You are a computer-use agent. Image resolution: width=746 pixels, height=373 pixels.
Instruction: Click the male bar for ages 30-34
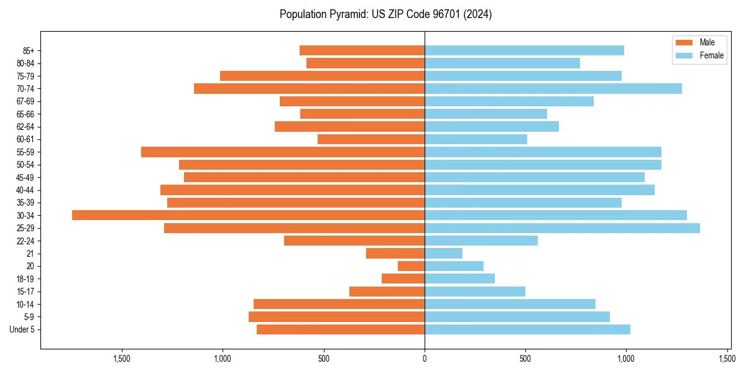(x=248, y=215)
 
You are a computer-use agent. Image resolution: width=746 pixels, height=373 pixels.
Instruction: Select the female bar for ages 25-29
(x=562, y=228)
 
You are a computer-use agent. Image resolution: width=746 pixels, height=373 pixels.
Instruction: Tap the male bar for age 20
(x=411, y=266)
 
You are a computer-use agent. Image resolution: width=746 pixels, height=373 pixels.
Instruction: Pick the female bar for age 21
(x=443, y=254)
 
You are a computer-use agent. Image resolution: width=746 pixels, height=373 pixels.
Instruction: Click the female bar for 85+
(x=524, y=50)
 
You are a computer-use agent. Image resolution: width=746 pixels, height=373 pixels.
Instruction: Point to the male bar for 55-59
(x=283, y=152)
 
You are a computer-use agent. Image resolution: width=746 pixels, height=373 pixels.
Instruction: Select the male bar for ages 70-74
(x=309, y=88)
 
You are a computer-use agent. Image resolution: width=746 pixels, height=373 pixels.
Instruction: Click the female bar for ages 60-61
(x=476, y=139)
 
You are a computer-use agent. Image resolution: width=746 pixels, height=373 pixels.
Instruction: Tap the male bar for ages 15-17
(x=387, y=292)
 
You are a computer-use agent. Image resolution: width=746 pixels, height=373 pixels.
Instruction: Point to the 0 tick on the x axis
(x=425, y=359)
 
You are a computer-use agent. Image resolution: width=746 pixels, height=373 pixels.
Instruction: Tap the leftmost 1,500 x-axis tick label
(x=122, y=359)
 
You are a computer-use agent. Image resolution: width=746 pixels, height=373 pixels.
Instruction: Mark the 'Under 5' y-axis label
(x=22, y=329)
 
